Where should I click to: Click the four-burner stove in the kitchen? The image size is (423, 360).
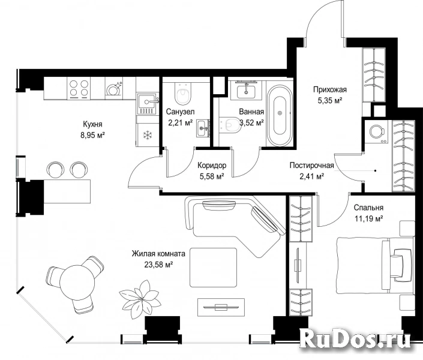pos(79,88)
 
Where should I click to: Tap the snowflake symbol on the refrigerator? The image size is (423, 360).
pos(148,135)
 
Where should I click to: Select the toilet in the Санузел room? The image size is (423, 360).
pos(182,94)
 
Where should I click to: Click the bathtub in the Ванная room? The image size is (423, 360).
pos(280,113)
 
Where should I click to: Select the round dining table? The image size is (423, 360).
pos(77,283)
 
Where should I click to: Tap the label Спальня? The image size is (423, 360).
pos(368,208)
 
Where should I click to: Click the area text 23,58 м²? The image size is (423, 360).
pos(158,265)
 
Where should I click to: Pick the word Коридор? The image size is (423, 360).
pos(212,165)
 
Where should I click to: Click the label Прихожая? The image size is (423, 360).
pos(329,89)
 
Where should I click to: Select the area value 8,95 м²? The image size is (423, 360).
pos(92,135)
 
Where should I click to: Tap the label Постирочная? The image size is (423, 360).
pos(311,165)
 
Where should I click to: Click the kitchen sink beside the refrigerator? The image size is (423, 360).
pos(147,104)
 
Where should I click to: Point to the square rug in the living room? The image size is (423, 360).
pos(214,268)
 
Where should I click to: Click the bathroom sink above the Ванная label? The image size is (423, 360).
pos(246,91)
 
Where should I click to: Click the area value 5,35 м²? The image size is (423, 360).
pos(329,100)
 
